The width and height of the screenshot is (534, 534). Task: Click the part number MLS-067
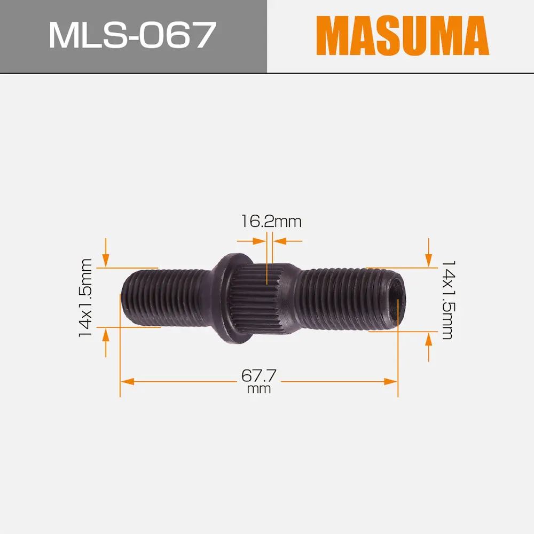(132, 36)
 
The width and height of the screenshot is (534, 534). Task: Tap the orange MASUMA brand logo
(402, 36)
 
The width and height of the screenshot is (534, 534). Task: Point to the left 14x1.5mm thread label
(85, 297)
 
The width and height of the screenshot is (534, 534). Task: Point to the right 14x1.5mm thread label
(447, 300)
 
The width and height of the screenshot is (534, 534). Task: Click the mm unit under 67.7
(260, 389)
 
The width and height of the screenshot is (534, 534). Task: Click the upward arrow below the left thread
(106, 335)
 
